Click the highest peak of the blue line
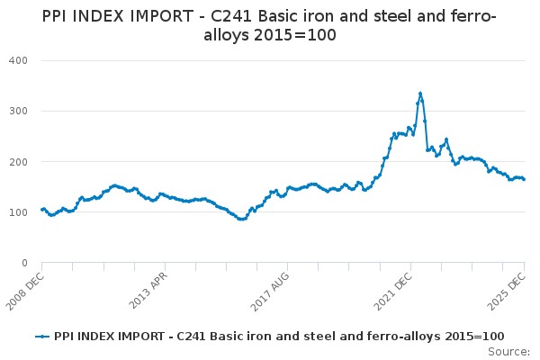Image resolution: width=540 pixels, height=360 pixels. click(x=420, y=93)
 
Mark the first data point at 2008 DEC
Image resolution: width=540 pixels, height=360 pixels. click(x=42, y=210)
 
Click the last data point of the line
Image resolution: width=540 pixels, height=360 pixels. click(x=525, y=179)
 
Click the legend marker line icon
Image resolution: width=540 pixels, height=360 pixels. click(x=42, y=336)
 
